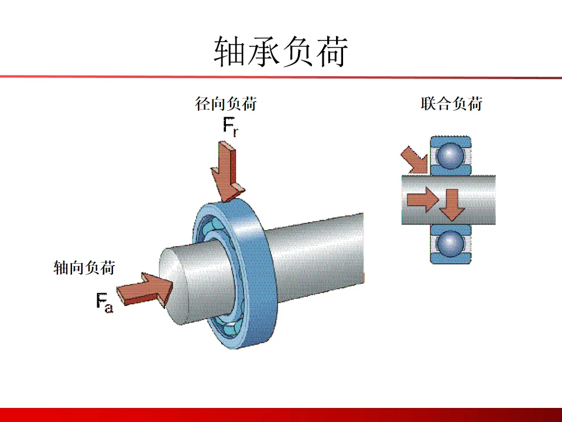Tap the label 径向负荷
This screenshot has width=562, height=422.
[x=225, y=104]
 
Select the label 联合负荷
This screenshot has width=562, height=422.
[x=451, y=104]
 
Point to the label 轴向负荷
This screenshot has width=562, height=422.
[x=84, y=268]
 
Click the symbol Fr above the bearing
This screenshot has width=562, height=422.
[x=230, y=128]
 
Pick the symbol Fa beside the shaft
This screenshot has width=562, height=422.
[x=104, y=303]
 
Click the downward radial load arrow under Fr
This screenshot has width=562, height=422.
[x=227, y=173]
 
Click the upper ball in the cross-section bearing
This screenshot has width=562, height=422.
[x=451, y=155]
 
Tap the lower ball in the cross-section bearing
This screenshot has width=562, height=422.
[x=451, y=242]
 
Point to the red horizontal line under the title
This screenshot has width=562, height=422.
[x=281, y=76]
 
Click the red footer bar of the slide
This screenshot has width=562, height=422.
[x=281, y=414]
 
